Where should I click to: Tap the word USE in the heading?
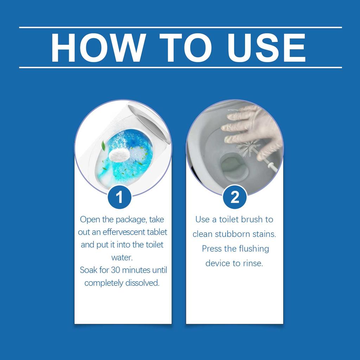[266, 47]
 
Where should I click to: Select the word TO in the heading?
[186, 47]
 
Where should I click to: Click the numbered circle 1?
[120, 197]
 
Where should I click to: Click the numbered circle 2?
[234, 197]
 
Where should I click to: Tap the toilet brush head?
[248, 148]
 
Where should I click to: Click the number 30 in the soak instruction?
[115, 270]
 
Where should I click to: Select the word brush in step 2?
[252, 219]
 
